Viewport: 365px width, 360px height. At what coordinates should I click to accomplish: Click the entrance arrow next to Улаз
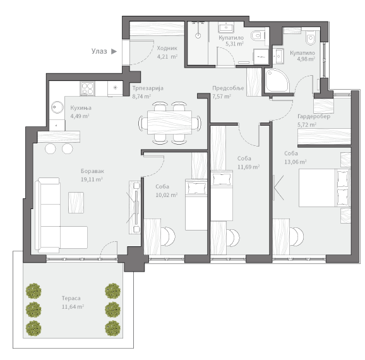tap(114, 51)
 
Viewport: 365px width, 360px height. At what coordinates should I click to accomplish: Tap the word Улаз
tap(99, 51)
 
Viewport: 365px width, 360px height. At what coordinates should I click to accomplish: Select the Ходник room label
tap(167, 48)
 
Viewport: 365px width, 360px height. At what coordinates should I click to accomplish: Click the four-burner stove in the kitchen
tap(88, 88)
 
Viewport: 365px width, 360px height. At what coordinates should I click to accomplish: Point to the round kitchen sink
tap(57, 107)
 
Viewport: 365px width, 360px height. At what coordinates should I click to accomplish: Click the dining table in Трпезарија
tap(170, 123)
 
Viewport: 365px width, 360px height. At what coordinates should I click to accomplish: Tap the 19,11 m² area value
tap(92, 179)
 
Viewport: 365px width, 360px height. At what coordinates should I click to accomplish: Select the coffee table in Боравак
tap(76, 203)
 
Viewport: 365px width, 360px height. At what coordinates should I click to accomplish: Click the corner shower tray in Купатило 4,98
tap(277, 81)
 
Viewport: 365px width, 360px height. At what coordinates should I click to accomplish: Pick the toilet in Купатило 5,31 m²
tap(258, 35)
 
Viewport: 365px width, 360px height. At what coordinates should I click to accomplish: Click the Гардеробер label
tap(314, 116)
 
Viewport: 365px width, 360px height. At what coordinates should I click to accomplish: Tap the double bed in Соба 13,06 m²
tap(325, 188)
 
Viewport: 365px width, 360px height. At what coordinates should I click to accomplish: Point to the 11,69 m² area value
tap(249, 167)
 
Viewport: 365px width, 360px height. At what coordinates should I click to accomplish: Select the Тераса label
tap(71, 298)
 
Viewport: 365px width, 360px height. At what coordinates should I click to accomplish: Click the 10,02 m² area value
tap(167, 195)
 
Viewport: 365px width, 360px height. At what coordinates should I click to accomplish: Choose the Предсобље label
tap(228, 88)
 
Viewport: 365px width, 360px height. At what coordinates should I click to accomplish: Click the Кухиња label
tap(81, 108)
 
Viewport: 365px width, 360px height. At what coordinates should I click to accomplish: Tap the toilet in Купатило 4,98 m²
tap(311, 37)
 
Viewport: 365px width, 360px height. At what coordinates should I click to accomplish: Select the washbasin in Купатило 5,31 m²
tap(226, 28)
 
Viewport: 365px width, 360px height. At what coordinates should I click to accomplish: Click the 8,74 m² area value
tap(141, 96)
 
